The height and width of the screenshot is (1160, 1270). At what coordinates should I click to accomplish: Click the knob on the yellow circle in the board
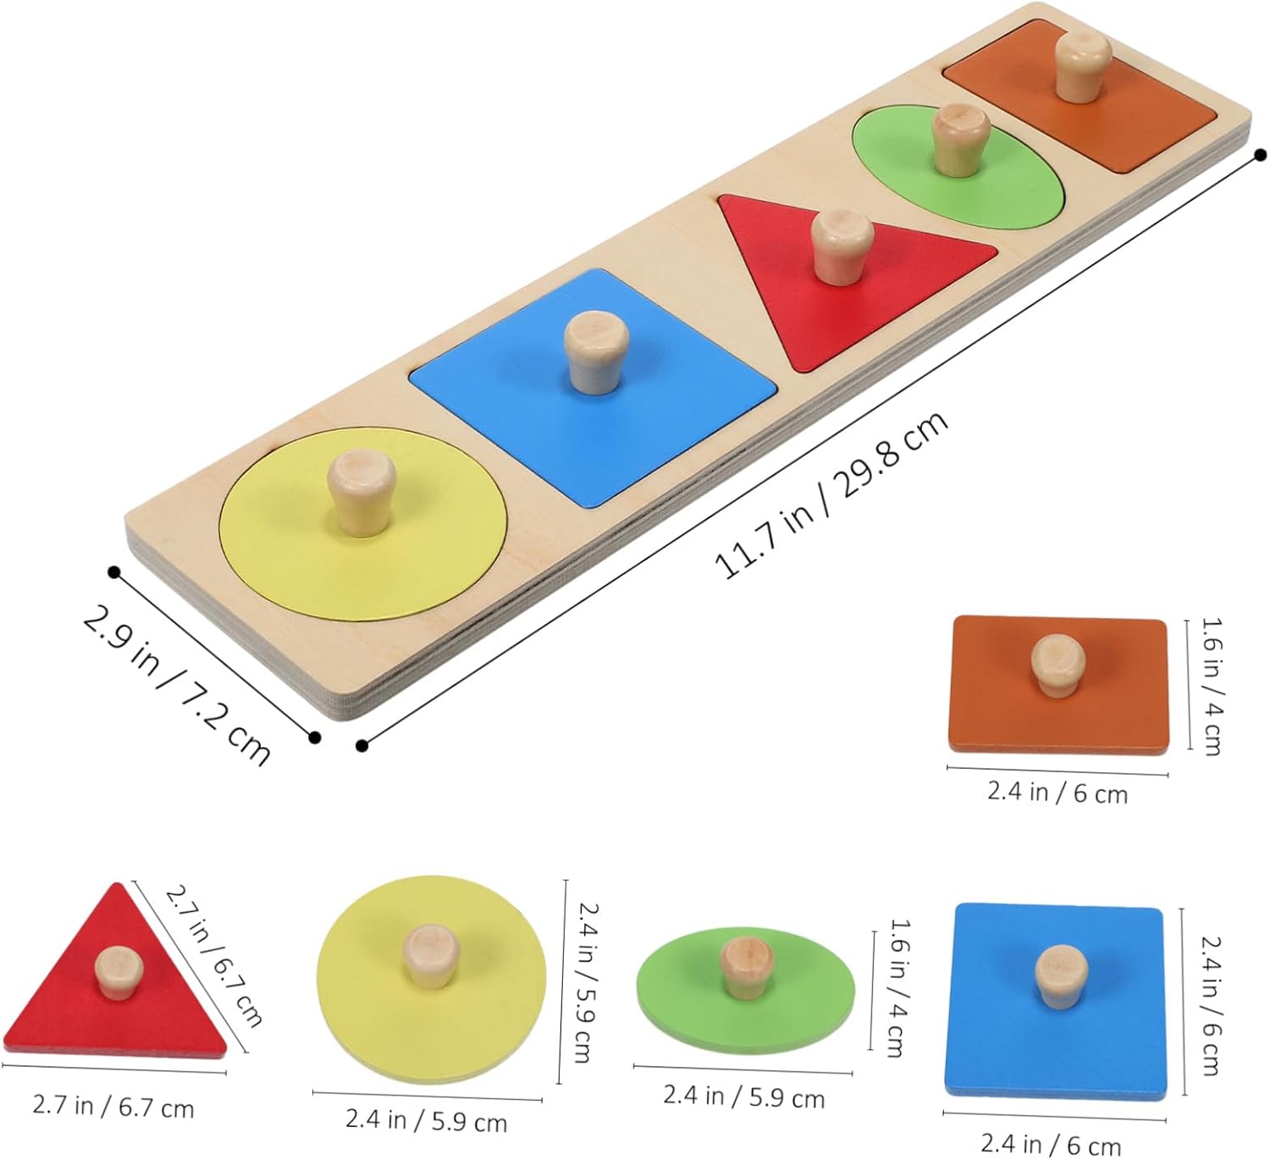(362, 494)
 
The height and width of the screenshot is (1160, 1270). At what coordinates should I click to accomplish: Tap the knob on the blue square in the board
(596, 353)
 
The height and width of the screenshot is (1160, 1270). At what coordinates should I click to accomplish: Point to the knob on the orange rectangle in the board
(1083, 66)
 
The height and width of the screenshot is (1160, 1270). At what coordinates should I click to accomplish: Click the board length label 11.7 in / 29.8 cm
(831, 494)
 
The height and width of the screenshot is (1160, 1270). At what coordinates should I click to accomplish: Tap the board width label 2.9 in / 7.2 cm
(176, 683)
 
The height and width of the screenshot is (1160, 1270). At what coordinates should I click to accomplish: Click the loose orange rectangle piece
(1058, 684)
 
